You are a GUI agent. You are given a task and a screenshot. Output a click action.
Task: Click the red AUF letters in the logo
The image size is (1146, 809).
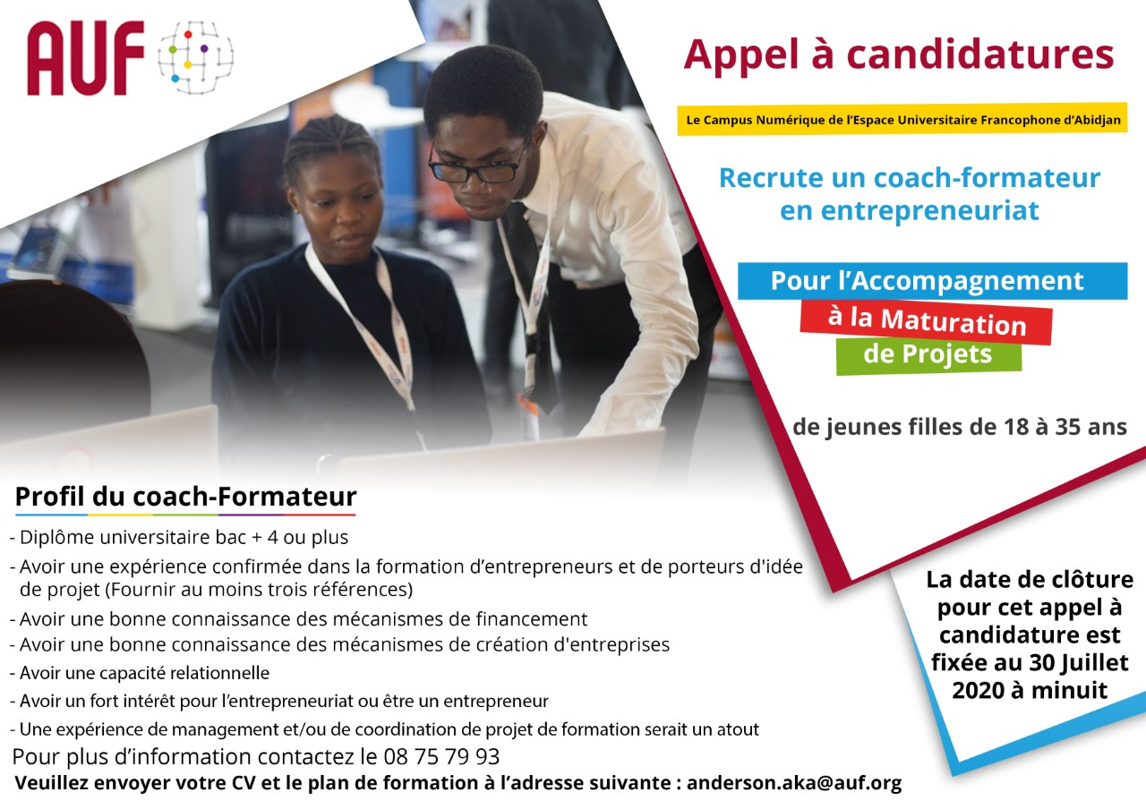[x=85, y=58]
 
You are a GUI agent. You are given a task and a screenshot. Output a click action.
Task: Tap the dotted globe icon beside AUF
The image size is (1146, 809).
[x=194, y=57]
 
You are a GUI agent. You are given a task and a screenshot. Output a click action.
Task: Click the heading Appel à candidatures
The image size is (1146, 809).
[x=898, y=55]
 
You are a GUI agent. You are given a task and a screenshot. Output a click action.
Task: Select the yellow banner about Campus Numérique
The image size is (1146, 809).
[x=902, y=119]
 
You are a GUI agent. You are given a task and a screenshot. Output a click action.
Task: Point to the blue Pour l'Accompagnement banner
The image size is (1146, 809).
[x=931, y=281]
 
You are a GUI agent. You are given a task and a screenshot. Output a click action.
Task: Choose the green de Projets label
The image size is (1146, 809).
[x=928, y=354]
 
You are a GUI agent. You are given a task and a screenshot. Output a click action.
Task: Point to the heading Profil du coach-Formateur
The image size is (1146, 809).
[x=185, y=497]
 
